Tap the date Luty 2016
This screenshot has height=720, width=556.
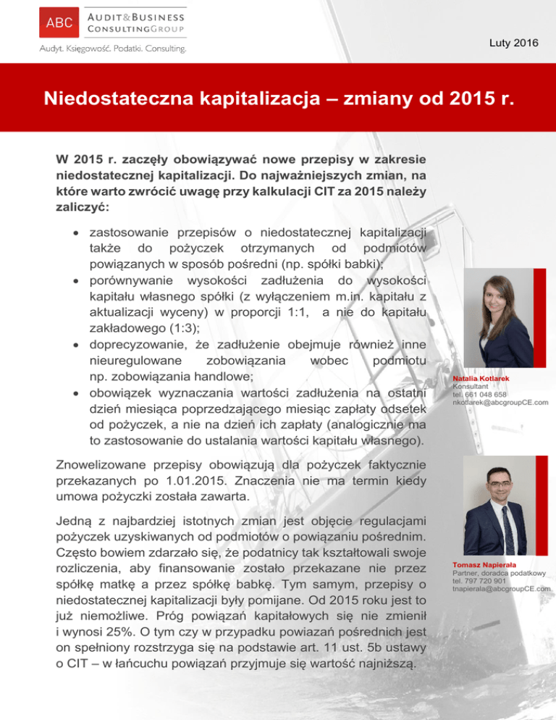[x=514, y=43]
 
